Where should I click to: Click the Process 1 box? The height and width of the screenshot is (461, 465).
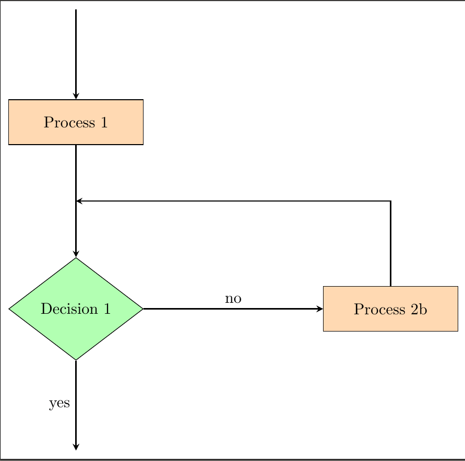pos(76,122)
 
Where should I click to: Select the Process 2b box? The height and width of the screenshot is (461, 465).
pos(390,309)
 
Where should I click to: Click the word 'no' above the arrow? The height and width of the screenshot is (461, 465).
pos(233,299)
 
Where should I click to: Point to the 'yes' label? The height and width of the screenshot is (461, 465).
pos(59,403)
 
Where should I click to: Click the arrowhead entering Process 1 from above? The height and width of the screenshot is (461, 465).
pos(76,96)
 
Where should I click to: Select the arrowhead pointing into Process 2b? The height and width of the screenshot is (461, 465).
pos(319,309)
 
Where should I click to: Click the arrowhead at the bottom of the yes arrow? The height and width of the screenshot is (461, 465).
pos(76,446)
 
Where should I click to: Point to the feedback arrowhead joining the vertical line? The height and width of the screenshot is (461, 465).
pos(79,200)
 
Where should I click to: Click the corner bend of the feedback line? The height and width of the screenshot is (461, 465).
pos(390,200)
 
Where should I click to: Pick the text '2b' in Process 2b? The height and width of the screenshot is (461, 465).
pos(418,309)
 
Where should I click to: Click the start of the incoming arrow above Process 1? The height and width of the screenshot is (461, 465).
pos(76,10)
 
